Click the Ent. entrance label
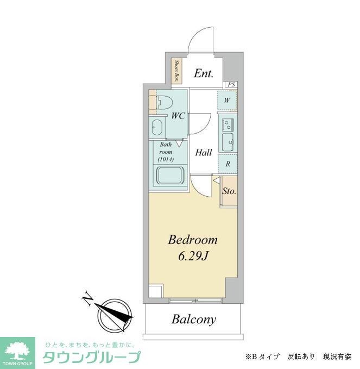204,73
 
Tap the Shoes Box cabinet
176,71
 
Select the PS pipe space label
231,85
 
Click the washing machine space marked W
227,101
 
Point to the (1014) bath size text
166,160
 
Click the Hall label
204,153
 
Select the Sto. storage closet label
229,191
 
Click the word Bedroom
193,240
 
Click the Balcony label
194,320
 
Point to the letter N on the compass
86,298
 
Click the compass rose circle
115,314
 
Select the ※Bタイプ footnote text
263,357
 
